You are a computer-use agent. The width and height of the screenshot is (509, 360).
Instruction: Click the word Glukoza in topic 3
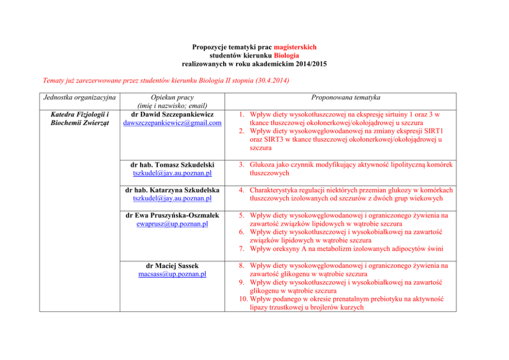tap(263, 165)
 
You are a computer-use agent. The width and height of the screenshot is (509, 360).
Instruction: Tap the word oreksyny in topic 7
tap(285, 249)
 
